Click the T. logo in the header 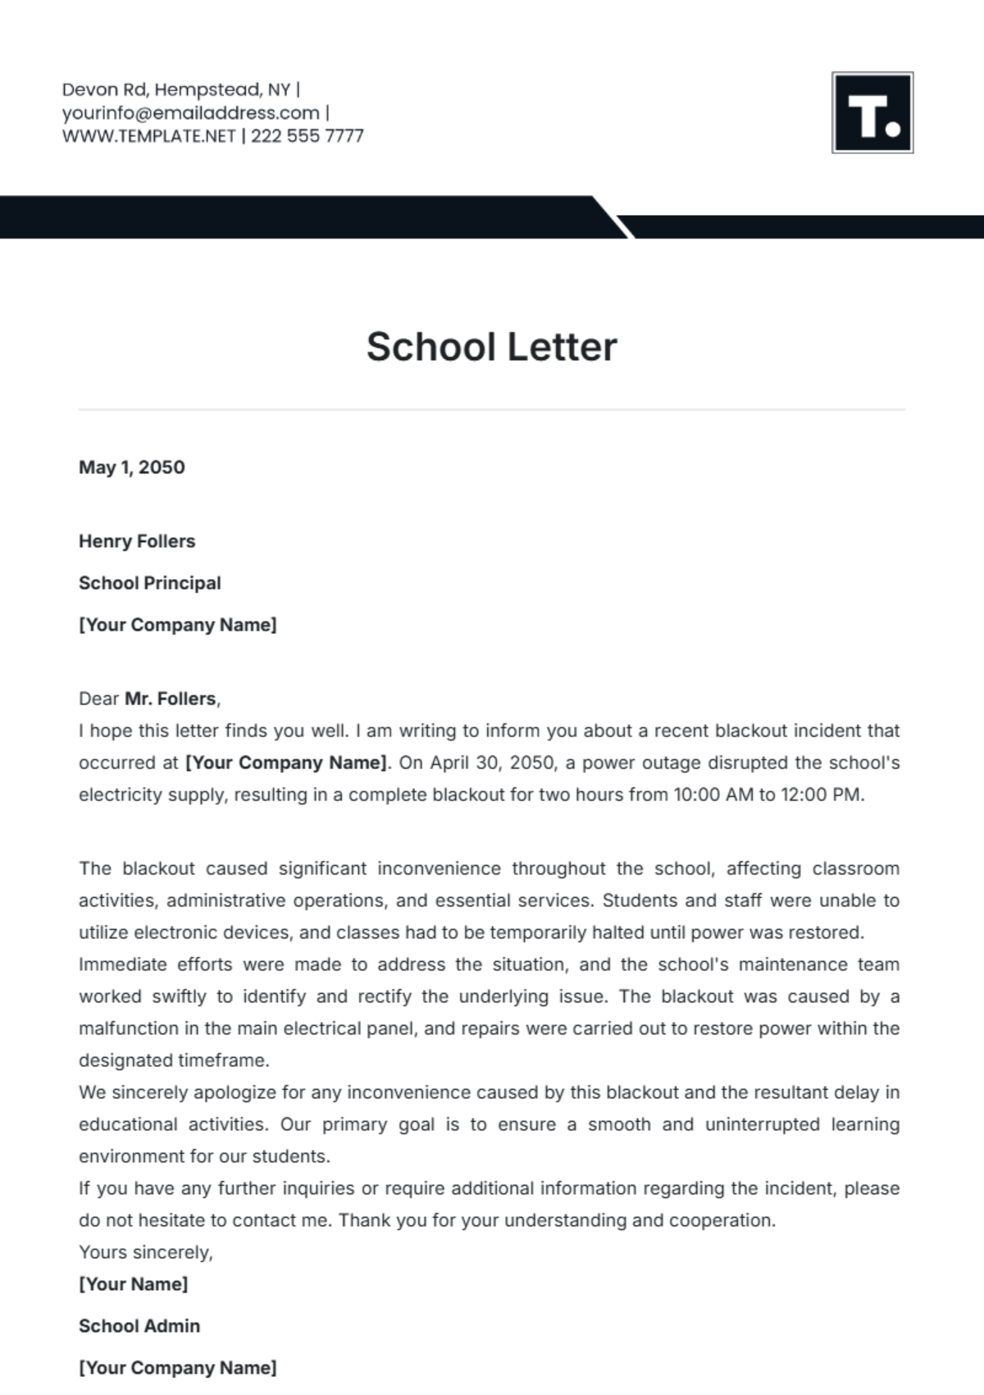[872, 112]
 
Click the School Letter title [491, 346]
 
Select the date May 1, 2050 [131, 467]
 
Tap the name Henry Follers [137, 541]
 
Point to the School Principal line [150, 583]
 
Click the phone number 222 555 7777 [307, 136]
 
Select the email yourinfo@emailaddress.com [190, 113]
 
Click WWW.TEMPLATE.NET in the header [148, 136]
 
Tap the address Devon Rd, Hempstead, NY [175, 89]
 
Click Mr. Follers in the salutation [171, 699]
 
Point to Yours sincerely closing [145, 1252]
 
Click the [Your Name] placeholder [133, 1284]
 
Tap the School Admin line [139, 1326]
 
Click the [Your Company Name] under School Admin [177, 1368]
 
